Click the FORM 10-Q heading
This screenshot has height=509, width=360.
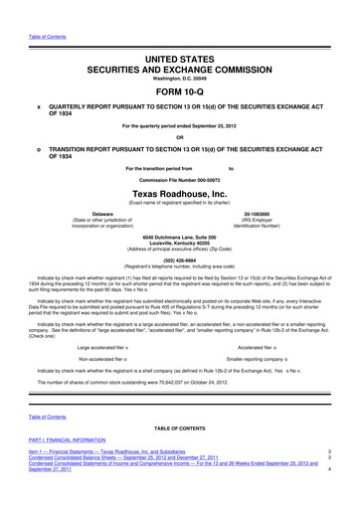point(179,66)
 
